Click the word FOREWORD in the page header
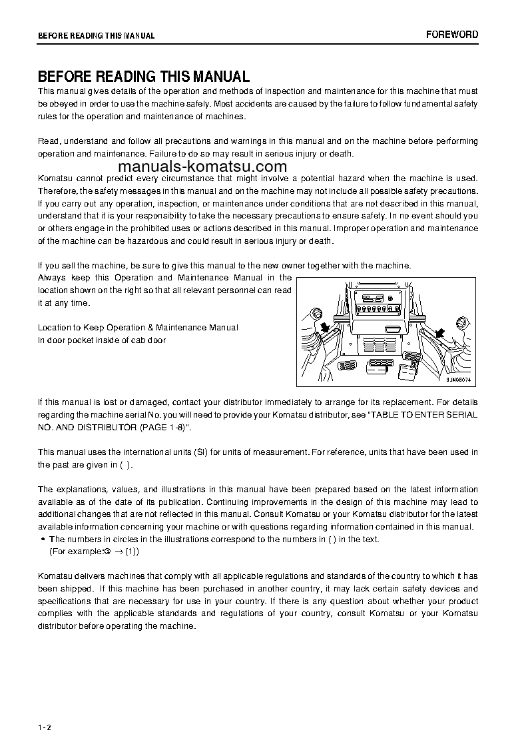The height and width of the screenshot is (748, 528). (x=452, y=35)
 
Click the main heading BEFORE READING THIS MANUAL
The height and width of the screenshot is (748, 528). (x=144, y=77)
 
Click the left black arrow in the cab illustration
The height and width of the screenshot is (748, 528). (x=326, y=326)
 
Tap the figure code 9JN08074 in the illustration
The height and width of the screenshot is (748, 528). (x=457, y=379)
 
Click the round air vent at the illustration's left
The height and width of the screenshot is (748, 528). (x=316, y=314)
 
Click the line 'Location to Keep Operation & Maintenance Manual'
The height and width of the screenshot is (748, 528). (x=138, y=328)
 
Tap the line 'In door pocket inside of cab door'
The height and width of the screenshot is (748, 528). (x=102, y=340)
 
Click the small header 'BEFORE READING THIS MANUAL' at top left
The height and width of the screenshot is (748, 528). (x=96, y=36)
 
